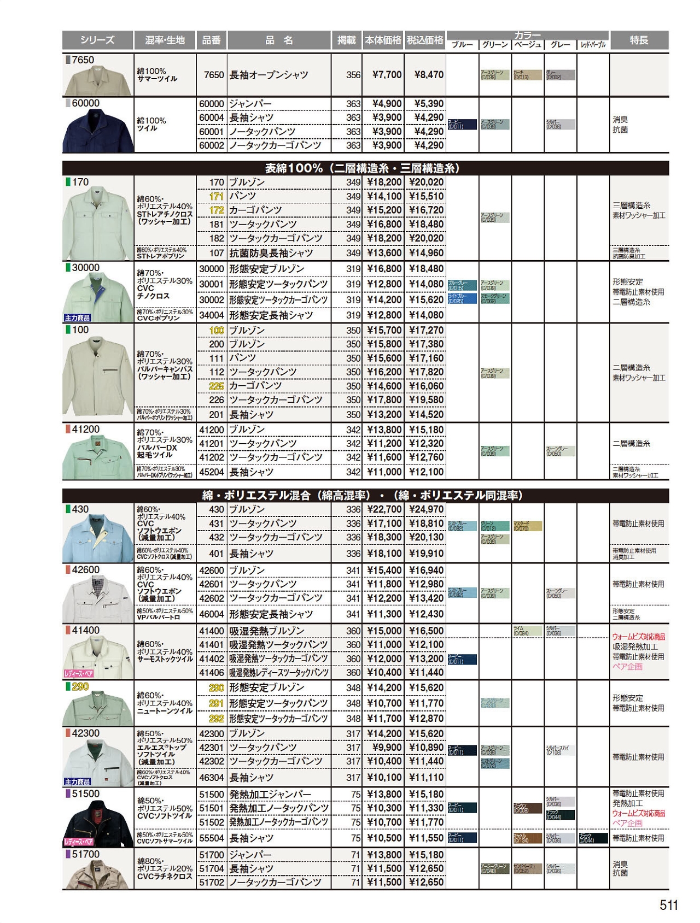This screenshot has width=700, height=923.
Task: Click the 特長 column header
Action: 639,40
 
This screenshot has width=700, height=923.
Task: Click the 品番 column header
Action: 211,40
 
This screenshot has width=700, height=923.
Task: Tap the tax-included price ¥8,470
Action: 425,75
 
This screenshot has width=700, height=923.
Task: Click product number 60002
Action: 211,145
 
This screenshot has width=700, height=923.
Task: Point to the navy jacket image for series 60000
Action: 98,130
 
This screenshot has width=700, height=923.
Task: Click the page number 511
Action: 668,904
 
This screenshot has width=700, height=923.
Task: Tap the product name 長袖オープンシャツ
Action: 269,75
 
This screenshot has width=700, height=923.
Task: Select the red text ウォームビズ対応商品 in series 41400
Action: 638,637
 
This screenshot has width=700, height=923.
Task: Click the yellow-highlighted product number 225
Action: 217,386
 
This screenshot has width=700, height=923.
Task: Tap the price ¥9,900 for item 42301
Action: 387,748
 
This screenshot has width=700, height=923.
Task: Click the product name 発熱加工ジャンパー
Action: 270,794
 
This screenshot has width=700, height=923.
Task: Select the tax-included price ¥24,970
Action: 425,509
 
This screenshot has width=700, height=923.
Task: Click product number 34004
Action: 211,315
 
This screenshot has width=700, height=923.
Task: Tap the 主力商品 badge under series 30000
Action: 77,318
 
